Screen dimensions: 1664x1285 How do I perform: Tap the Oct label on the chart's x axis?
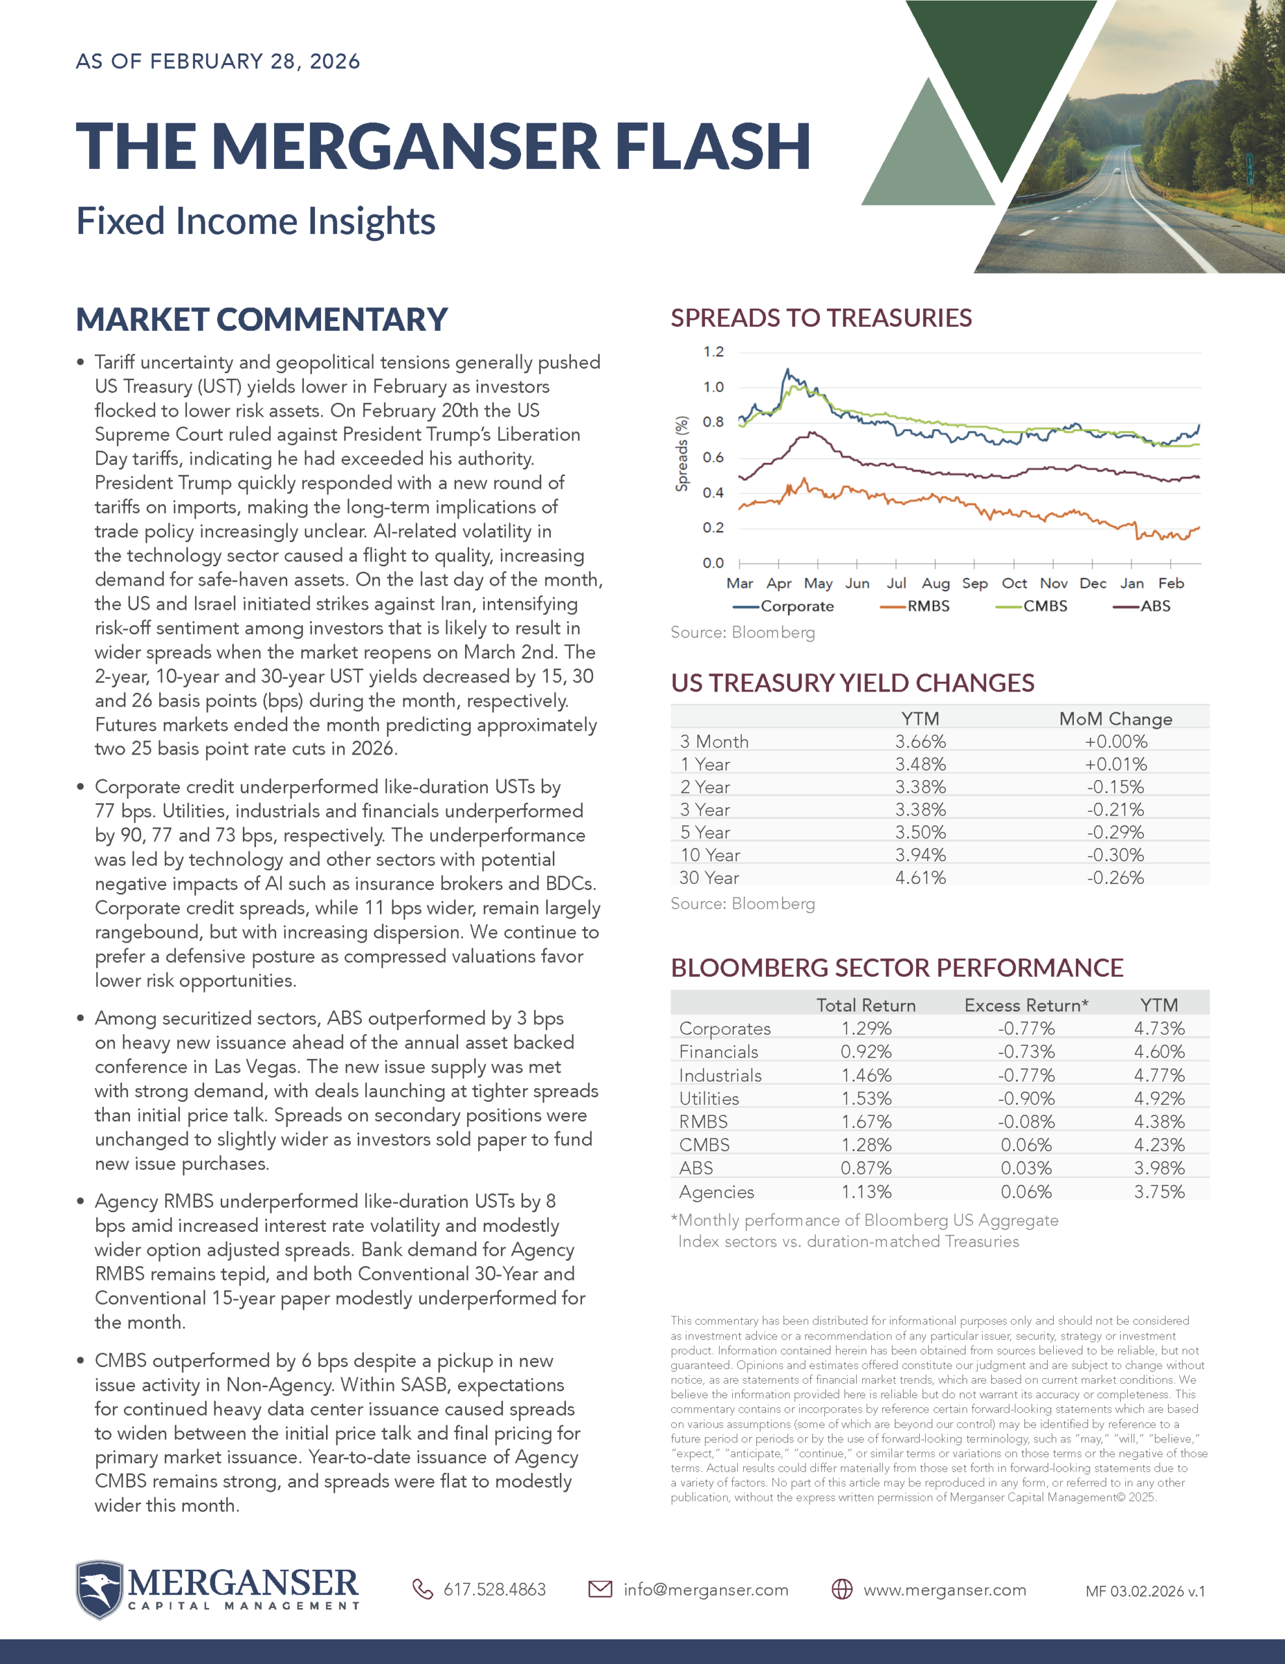pos(1014,584)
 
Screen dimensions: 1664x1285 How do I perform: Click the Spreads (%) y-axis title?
pos(681,453)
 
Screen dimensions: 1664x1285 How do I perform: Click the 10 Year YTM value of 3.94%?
pos(920,855)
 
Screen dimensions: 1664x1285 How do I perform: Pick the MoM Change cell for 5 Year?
pos(1115,832)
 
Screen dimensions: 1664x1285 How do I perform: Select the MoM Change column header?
pos(1115,718)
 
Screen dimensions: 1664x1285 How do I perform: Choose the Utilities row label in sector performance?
pos(709,1098)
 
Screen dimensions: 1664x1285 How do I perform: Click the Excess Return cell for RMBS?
pos(1026,1121)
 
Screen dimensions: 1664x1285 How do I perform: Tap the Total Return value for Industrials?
pos(866,1075)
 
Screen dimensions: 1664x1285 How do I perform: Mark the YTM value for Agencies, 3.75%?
pos(1158,1191)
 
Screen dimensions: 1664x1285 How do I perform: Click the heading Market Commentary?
pos(262,319)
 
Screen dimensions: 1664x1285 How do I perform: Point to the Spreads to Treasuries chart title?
pos(821,318)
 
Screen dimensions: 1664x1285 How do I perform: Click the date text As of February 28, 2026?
pos(218,62)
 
